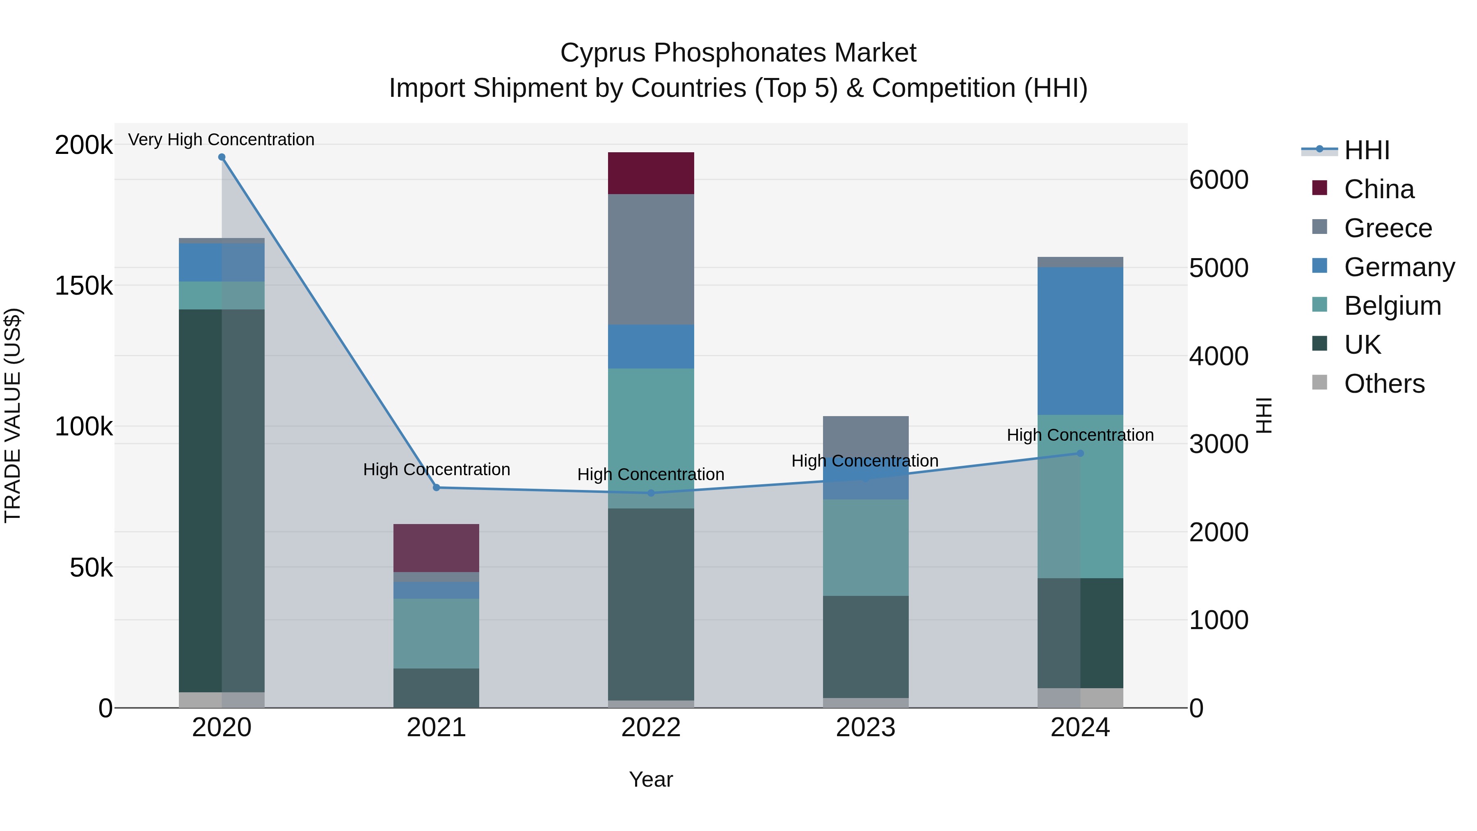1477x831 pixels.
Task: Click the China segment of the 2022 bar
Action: pyautogui.click(x=651, y=173)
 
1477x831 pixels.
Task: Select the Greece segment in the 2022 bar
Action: pyautogui.click(x=651, y=259)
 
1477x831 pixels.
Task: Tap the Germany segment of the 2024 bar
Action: pyautogui.click(x=1080, y=341)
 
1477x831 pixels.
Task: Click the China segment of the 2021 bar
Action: pyautogui.click(x=436, y=548)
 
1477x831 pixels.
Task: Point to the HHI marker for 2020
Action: pyautogui.click(x=222, y=157)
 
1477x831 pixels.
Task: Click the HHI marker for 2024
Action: pyautogui.click(x=1080, y=453)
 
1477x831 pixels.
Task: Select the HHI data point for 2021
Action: pyautogui.click(x=437, y=488)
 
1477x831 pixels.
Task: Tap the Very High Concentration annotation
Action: pyautogui.click(x=221, y=140)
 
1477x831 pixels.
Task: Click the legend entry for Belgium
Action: pyautogui.click(x=1392, y=306)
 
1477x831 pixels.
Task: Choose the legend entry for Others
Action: pyautogui.click(x=1384, y=383)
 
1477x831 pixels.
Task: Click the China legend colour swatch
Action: pyautogui.click(x=1319, y=188)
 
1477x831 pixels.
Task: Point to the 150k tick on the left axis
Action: pyautogui.click(x=84, y=285)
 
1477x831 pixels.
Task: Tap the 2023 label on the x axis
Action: pyautogui.click(x=865, y=727)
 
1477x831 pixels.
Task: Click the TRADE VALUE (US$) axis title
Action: pyautogui.click(x=13, y=415)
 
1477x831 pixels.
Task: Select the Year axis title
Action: pyautogui.click(x=651, y=779)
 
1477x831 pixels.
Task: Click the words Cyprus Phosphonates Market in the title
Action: pyautogui.click(x=738, y=53)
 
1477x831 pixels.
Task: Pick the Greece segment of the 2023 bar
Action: pyautogui.click(x=865, y=436)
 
